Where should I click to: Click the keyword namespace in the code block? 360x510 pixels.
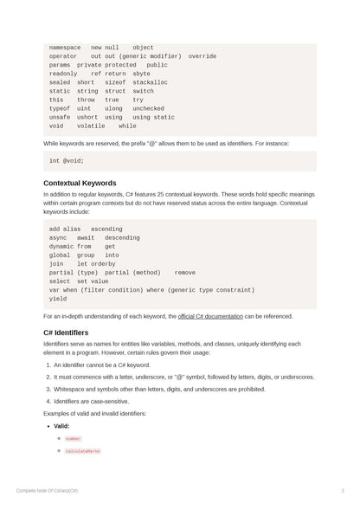65,48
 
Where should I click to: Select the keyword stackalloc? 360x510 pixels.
150,82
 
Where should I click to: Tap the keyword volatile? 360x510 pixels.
91,126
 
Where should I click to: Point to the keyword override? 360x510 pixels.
202,56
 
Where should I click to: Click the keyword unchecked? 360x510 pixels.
148,108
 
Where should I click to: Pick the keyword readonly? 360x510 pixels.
63,74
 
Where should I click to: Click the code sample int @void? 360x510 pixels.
67,160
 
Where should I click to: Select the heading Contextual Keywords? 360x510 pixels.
80,184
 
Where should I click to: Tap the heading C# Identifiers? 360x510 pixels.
66,332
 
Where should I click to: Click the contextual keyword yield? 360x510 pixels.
58,299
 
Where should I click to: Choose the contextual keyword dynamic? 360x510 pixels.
61,247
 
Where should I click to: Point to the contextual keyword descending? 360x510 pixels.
122,238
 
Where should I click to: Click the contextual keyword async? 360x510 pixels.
58,238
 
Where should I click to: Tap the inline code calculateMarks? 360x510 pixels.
82,451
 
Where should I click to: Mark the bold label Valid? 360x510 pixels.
61,426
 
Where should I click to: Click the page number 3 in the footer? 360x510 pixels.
343,491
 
